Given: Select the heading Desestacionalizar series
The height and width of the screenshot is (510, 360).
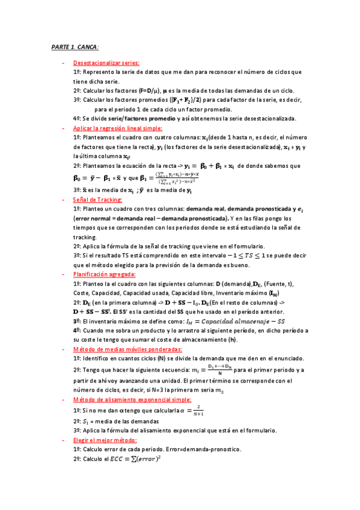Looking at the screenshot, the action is click(x=106, y=63).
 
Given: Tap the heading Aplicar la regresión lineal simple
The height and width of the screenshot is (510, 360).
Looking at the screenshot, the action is click(x=117, y=128).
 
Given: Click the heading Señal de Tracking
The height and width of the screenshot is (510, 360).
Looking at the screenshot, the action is click(x=97, y=200).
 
